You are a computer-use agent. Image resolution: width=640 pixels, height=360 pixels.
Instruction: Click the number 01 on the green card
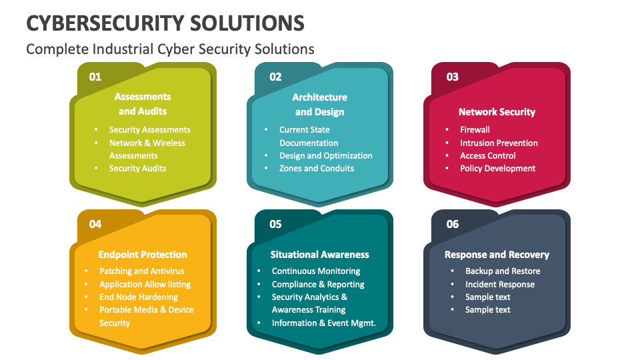(x=95, y=77)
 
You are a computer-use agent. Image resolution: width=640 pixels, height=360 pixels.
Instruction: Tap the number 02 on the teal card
(x=275, y=77)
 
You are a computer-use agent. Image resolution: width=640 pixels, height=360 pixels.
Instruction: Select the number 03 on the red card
(x=453, y=77)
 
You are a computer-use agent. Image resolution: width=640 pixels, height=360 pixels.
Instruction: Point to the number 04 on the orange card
(x=95, y=224)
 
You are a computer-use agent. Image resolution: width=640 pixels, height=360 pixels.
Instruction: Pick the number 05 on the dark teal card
(x=275, y=224)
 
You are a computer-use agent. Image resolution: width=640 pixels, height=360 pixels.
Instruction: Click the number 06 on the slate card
(x=453, y=224)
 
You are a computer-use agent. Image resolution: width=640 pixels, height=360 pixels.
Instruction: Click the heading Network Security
(x=497, y=112)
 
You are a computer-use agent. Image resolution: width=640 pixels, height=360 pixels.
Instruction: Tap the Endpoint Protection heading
(x=143, y=255)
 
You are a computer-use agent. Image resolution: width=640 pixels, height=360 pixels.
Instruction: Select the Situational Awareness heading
(x=319, y=255)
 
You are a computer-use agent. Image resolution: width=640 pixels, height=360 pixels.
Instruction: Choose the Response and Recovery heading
(x=497, y=255)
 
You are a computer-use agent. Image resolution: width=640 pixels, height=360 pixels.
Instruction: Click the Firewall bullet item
(x=475, y=130)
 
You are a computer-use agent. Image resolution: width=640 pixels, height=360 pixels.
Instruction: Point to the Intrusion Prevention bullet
(x=499, y=143)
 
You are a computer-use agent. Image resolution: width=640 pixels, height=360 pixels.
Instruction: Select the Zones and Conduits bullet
(x=317, y=169)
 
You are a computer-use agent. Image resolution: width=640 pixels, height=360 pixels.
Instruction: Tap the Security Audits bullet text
(x=137, y=169)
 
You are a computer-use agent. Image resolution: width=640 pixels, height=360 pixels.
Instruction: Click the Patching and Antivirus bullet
(x=141, y=271)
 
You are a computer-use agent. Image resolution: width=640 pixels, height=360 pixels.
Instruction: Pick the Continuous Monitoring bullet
(x=316, y=271)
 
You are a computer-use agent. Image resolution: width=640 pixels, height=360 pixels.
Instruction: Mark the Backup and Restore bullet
(x=503, y=271)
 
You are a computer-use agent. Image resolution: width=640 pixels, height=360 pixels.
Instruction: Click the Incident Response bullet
(x=500, y=285)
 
